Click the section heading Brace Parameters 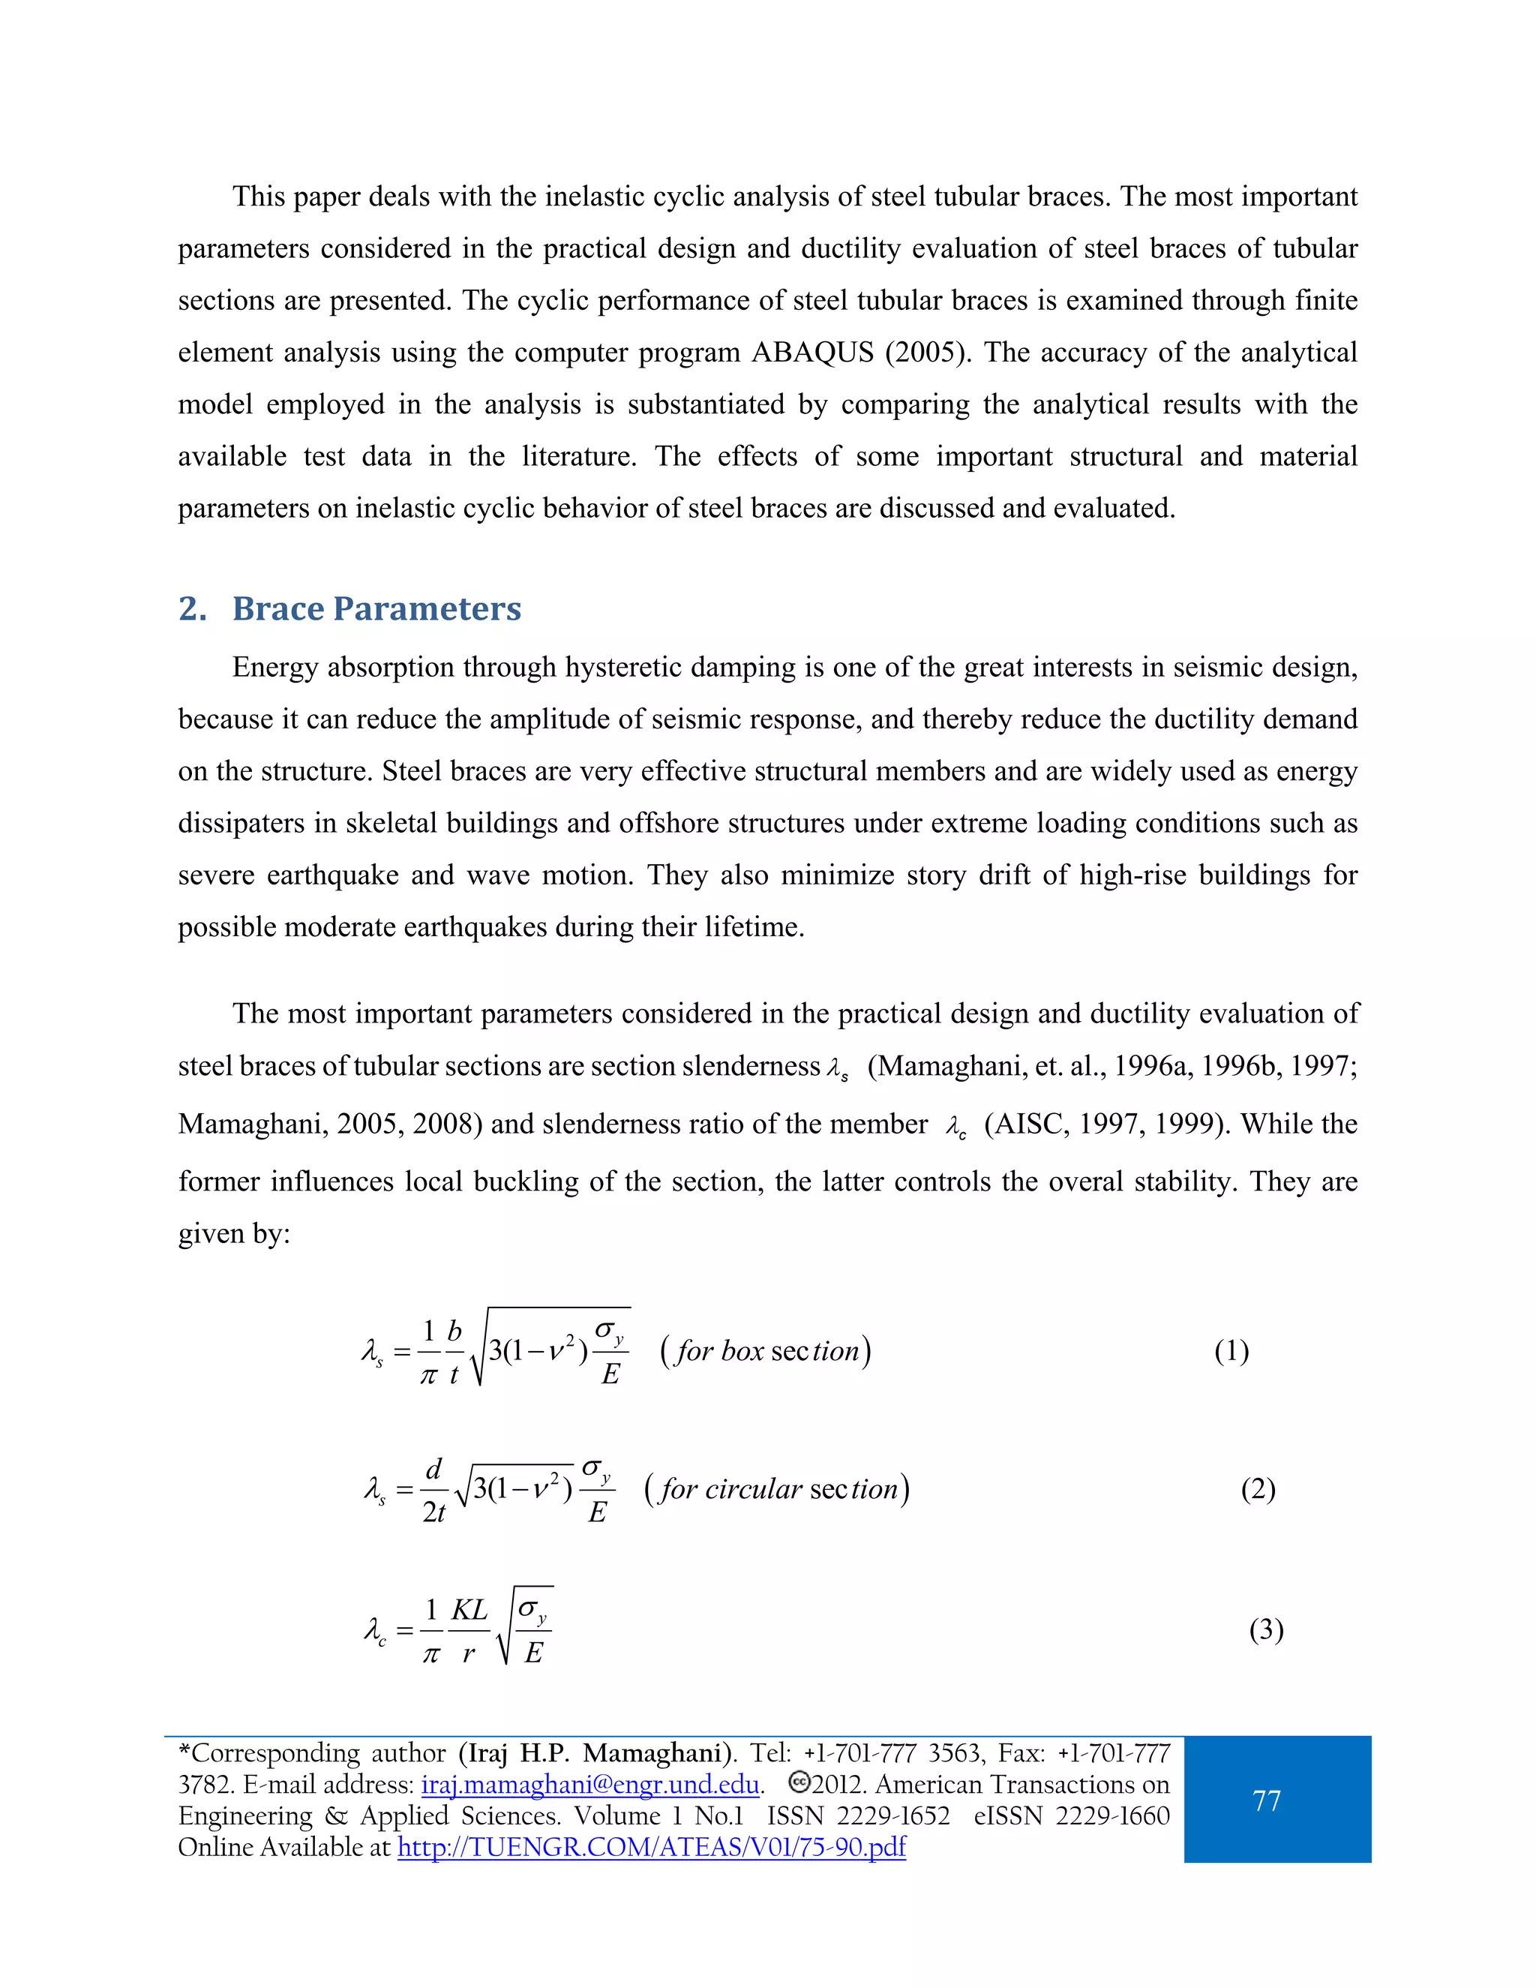pyautogui.click(x=376, y=608)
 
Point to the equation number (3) pyautogui.click(x=1266, y=1629)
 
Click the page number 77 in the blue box pyautogui.click(x=1267, y=1800)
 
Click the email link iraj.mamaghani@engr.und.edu pyautogui.click(x=589, y=1784)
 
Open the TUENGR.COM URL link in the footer pyautogui.click(x=652, y=1847)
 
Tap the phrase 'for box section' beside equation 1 pyautogui.click(x=765, y=1351)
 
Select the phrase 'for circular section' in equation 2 pyautogui.click(x=777, y=1489)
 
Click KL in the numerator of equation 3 pyautogui.click(x=469, y=1609)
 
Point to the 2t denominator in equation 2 pyautogui.click(x=434, y=1512)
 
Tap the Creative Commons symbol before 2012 pyautogui.click(x=799, y=1782)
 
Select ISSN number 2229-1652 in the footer pyautogui.click(x=892, y=1816)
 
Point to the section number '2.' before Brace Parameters pyautogui.click(x=192, y=608)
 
